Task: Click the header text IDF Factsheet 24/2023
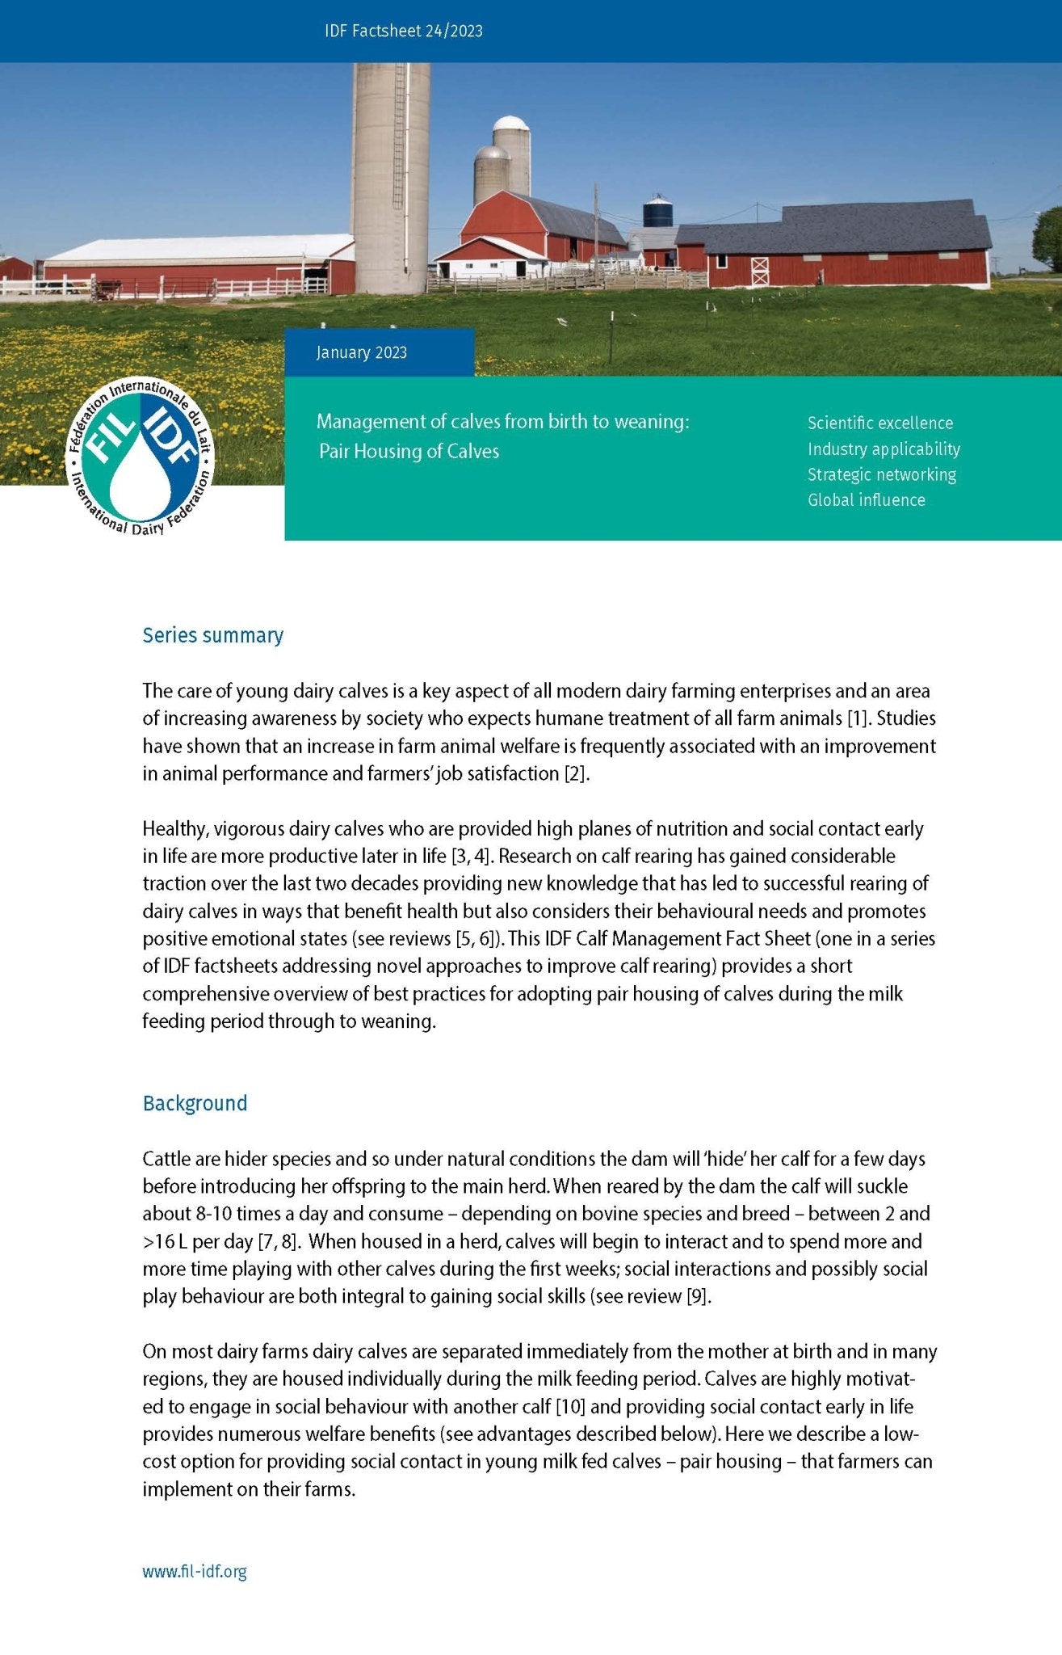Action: click(403, 31)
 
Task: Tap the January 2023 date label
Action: click(361, 352)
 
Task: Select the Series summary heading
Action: click(212, 635)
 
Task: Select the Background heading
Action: click(195, 1103)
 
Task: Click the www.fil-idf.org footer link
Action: click(195, 1571)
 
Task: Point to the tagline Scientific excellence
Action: click(879, 423)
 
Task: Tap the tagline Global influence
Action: click(866, 499)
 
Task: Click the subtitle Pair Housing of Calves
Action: click(409, 451)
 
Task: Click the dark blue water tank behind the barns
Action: click(657, 211)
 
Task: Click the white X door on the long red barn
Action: click(759, 271)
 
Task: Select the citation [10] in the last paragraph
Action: click(570, 1406)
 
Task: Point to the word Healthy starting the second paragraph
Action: click(174, 829)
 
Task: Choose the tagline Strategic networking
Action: click(881, 474)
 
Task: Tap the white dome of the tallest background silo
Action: click(511, 124)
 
